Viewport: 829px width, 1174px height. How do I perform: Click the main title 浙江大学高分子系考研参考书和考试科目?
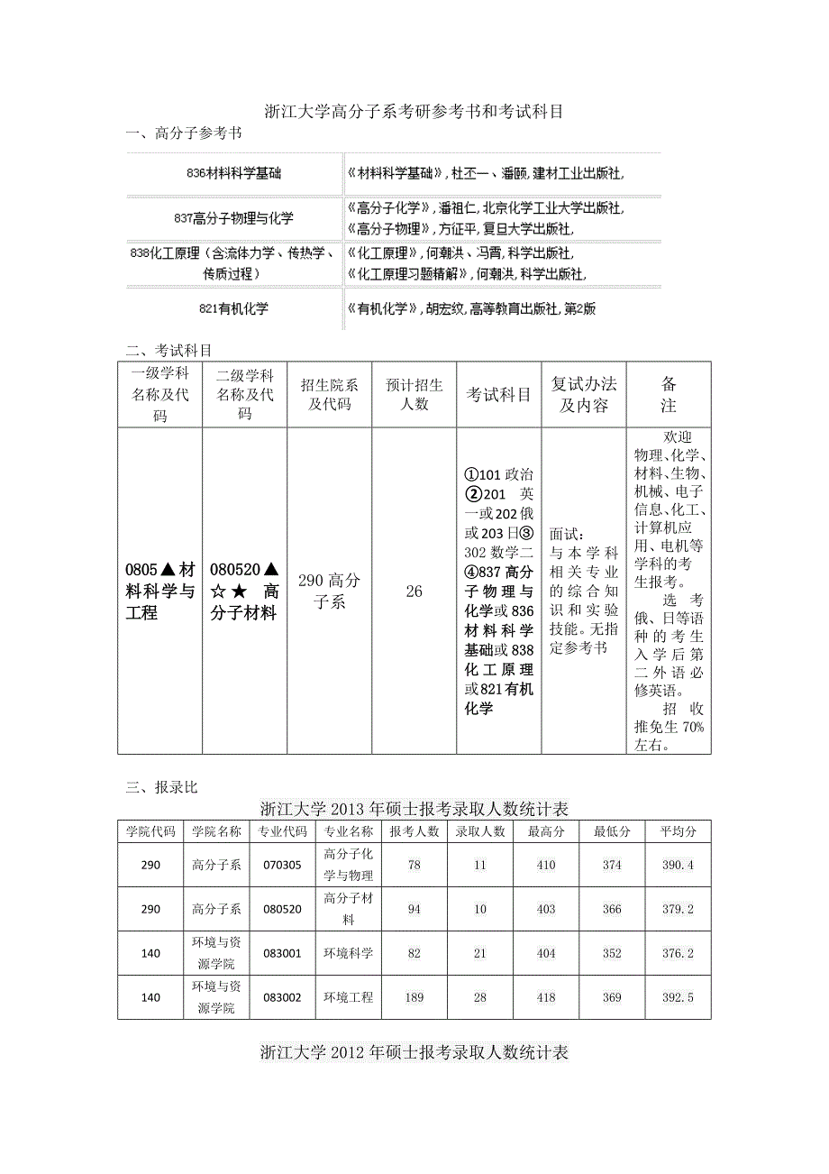click(x=414, y=112)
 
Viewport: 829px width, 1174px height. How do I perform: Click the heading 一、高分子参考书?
click(x=184, y=134)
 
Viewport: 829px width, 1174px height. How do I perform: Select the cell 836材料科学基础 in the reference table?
click(x=233, y=172)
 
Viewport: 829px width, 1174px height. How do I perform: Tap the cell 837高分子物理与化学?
click(x=233, y=218)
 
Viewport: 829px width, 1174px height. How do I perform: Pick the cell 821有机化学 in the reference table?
click(x=233, y=308)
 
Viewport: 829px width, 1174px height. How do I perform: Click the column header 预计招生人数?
click(x=414, y=395)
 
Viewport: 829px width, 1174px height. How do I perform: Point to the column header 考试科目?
click(x=498, y=395)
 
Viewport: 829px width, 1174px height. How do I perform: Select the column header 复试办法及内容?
click(x=583, y=395)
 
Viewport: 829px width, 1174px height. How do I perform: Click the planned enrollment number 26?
click(x=414, y=592)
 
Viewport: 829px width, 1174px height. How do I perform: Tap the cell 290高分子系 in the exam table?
click(x=330, y=592)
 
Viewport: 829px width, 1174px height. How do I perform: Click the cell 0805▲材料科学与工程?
click(x=160, y=592)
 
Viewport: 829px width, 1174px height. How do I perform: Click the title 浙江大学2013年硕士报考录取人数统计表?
click(x=414, y=808)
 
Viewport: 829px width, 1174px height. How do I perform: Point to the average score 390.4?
click(x=678, y=865)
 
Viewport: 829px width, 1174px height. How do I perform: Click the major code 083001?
click(x=283, y=953)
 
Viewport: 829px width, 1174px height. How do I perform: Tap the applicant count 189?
click(x=414, y=997)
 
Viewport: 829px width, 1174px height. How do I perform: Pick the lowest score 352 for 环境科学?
click(x=612, y=953)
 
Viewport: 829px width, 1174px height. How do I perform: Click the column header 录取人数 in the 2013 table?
click(x=479, y=831)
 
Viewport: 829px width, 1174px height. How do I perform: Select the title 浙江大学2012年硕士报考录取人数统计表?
click(x=414, y=1052)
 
